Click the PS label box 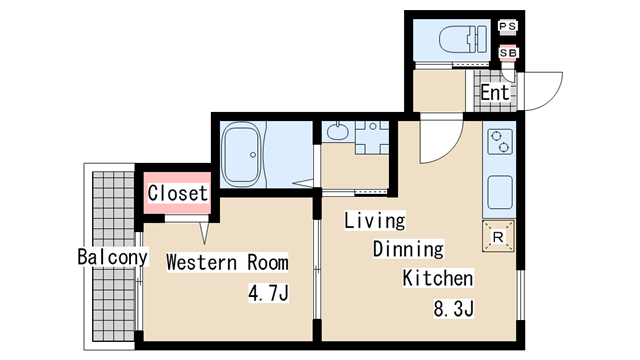point(508,26)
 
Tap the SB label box point(508,53)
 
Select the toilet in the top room point(463,39)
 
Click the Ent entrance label point(495,92)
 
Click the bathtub point(241,154)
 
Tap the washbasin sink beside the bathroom point(338,131)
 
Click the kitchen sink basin point(500,192)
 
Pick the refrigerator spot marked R point(498,236)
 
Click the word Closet point(178,193)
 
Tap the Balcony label point(113,257)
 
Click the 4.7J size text point(268,292)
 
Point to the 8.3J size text point(453,309)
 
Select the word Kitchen point(438,278)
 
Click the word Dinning point(408,249)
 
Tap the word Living point(375,220)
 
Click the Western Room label point(227,262)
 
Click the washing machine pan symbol point(372,138)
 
